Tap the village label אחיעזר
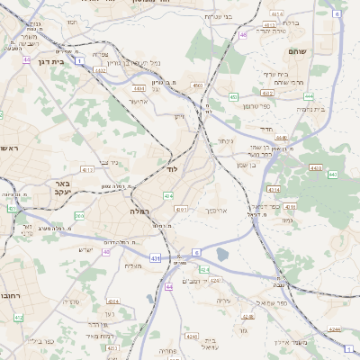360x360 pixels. (137, 101)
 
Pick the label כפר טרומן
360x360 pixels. (262, 106)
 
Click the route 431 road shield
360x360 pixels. (154, 258)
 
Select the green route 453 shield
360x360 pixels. (233, 96)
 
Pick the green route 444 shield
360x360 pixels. (309, 95)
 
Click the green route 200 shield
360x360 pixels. (79, 216)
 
